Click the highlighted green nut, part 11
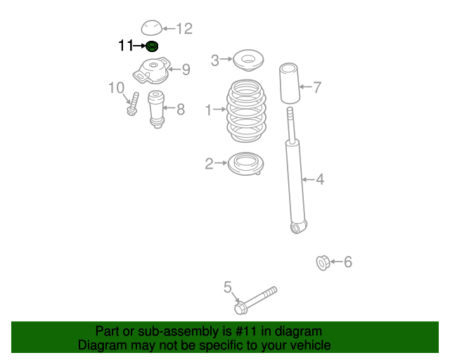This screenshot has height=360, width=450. click(x=152, y=46)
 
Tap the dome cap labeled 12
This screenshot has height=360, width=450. click(x=150, y=28)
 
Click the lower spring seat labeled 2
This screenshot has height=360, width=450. click(x=245, y=165)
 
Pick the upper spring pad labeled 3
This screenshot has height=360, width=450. click(x=247, y=60)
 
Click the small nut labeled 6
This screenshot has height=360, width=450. click(x=322, y=263)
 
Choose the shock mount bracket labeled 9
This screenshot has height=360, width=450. click(x=152, y=71)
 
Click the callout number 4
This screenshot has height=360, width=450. click(x=320, y=180)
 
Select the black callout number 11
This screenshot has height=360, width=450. click(x=126, y=46)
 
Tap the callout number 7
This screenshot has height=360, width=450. click(x=317, y=88)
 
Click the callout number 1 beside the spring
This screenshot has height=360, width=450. click(x=208, y=110)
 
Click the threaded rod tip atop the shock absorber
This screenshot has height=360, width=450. click(x=289, y=113)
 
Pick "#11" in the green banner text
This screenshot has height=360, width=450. click(x=238, y=331)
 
